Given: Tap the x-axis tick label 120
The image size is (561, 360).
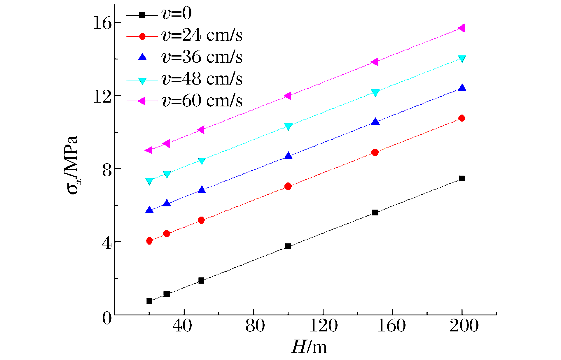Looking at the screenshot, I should coord(323,326).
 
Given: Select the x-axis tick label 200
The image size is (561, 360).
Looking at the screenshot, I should coord(464,326).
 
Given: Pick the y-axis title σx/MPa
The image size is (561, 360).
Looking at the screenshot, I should coord(71,165).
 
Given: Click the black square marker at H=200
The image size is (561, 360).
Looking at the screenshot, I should coord(462,178).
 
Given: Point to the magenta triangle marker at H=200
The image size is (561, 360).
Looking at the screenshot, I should coord(462,28).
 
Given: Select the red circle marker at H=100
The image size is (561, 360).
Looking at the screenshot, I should coord(288,186).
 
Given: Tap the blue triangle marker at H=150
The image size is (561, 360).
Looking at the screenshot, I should coord(375,122).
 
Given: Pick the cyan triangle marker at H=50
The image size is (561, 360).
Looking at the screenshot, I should coord(202,161).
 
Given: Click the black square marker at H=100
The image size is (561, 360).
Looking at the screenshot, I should coord(288,246).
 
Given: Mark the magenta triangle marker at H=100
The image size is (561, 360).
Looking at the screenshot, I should coord(288,96).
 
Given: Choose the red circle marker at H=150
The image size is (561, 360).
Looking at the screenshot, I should coord(375,152).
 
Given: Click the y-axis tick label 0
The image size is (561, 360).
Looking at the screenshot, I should coord(107,318).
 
